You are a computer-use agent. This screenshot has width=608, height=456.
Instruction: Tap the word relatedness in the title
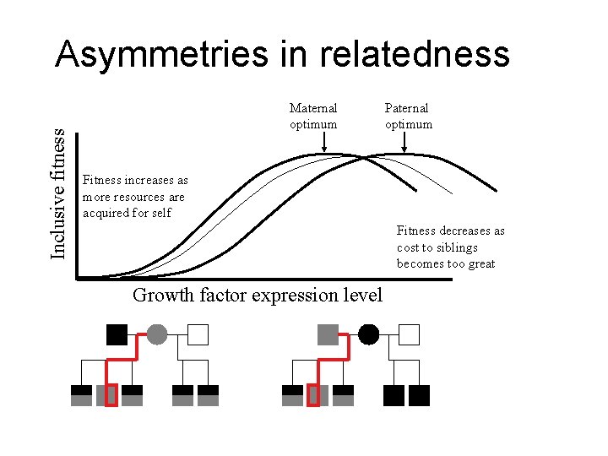coord(415,55)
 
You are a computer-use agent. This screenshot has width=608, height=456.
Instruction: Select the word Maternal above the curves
coord(312,108)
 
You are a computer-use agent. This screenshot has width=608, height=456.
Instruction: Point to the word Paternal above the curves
coord(406,108)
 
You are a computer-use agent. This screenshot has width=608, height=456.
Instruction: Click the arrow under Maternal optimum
coord(325,144)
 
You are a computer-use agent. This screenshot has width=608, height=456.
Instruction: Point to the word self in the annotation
coord(161,213)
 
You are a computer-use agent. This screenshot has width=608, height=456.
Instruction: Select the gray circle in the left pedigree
coord(157,334)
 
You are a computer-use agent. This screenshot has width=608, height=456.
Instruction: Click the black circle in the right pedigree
coord(368,334)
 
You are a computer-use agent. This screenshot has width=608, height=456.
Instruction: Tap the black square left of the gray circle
coord(117,334)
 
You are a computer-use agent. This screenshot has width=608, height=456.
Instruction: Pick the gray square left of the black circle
coord(328,334)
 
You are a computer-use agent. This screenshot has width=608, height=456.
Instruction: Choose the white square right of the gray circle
coord(198,334)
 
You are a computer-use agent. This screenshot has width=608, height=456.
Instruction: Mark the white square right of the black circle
coord(409,334)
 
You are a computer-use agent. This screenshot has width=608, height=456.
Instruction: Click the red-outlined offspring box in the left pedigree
coord(111,395)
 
